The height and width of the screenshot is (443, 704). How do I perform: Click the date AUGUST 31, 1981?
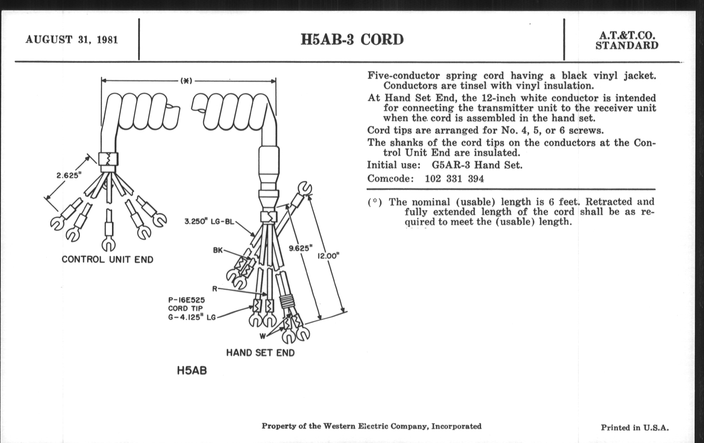(x=71, y=39)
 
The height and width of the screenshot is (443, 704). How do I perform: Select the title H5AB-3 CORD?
(x=352, y=39)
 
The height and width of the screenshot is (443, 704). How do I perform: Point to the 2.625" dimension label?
(x=69, y=175)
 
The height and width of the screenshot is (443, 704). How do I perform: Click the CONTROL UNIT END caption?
(x=107, y=260)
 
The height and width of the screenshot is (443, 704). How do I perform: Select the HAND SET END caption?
(x=260, y=353)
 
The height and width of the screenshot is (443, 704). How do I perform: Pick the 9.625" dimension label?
(x=300, y=248)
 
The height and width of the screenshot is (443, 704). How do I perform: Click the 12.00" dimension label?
(x=328, y=256)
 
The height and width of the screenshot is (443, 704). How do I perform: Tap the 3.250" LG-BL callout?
(x=209, y=222)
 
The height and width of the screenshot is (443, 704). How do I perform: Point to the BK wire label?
(x=218, y=250)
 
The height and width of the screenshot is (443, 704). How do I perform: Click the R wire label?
(x=215, y=289)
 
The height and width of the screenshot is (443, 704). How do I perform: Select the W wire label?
(x=263, y=336)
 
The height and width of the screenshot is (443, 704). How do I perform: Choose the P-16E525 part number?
(x=186, y=300)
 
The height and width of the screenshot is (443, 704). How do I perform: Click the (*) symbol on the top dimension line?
(x=186, y=81)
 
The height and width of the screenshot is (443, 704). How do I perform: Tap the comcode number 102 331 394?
(x=454, y=179)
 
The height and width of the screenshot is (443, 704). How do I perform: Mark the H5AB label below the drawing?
(x=192, y=371)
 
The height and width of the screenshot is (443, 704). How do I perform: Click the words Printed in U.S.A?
(x=635, y=428)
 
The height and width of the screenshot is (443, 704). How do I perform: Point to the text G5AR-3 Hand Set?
(x=477, y=165)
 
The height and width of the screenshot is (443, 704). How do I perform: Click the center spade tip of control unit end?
(x=109, y=245)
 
